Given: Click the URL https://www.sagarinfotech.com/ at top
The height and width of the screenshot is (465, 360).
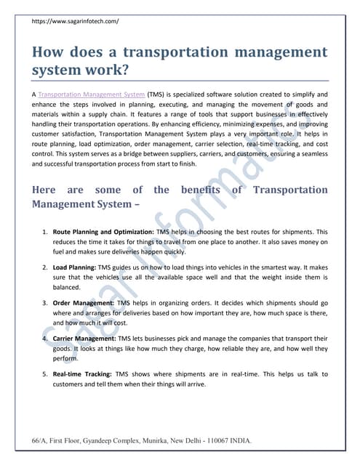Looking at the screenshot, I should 76,22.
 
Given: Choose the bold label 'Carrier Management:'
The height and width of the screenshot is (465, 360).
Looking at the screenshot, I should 86,339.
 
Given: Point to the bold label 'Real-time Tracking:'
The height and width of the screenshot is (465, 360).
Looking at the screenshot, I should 83,374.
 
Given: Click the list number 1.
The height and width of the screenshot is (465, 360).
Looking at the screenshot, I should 44,231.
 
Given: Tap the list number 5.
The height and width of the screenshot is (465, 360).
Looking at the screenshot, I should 44,374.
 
